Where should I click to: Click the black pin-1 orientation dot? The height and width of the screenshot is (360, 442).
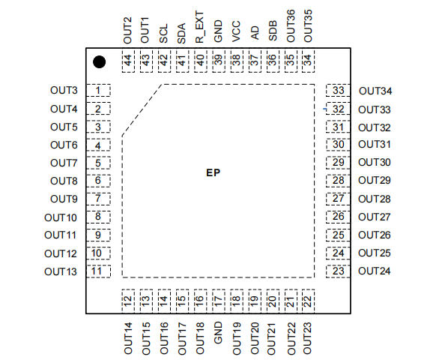pos(99,62)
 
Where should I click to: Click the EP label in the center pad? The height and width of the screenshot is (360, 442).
pos(213,172)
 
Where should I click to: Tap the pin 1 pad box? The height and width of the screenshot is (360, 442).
pos(98,90)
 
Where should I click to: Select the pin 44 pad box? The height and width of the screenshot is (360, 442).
pos(128,61)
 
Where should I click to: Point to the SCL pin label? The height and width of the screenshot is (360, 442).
pos(163,33)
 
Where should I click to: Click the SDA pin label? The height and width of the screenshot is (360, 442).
pos(181,33)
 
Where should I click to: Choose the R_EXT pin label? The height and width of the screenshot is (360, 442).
pos(199,27)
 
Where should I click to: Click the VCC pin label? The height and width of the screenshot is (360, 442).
pos(236,31)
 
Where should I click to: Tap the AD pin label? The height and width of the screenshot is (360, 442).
pos(254,33)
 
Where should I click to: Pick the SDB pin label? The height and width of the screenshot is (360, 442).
pos(272,31)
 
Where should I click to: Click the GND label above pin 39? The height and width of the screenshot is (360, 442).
pos(218,31)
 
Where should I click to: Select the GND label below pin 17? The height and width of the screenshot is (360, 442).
pos(218,333)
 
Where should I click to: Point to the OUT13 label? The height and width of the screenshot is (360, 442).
pos(61,271)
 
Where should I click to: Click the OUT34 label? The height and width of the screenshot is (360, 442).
pos(375,91)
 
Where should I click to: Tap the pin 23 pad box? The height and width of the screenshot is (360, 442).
pos(338,271)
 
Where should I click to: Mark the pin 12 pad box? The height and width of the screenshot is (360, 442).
pos(128,301)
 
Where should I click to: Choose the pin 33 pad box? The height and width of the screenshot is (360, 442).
pos(338,90)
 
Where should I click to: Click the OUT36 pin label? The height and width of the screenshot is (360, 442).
pos(291,26)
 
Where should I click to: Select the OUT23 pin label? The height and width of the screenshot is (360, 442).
pos(307,338)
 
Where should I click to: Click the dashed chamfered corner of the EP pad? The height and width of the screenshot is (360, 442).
pos(142,109)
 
